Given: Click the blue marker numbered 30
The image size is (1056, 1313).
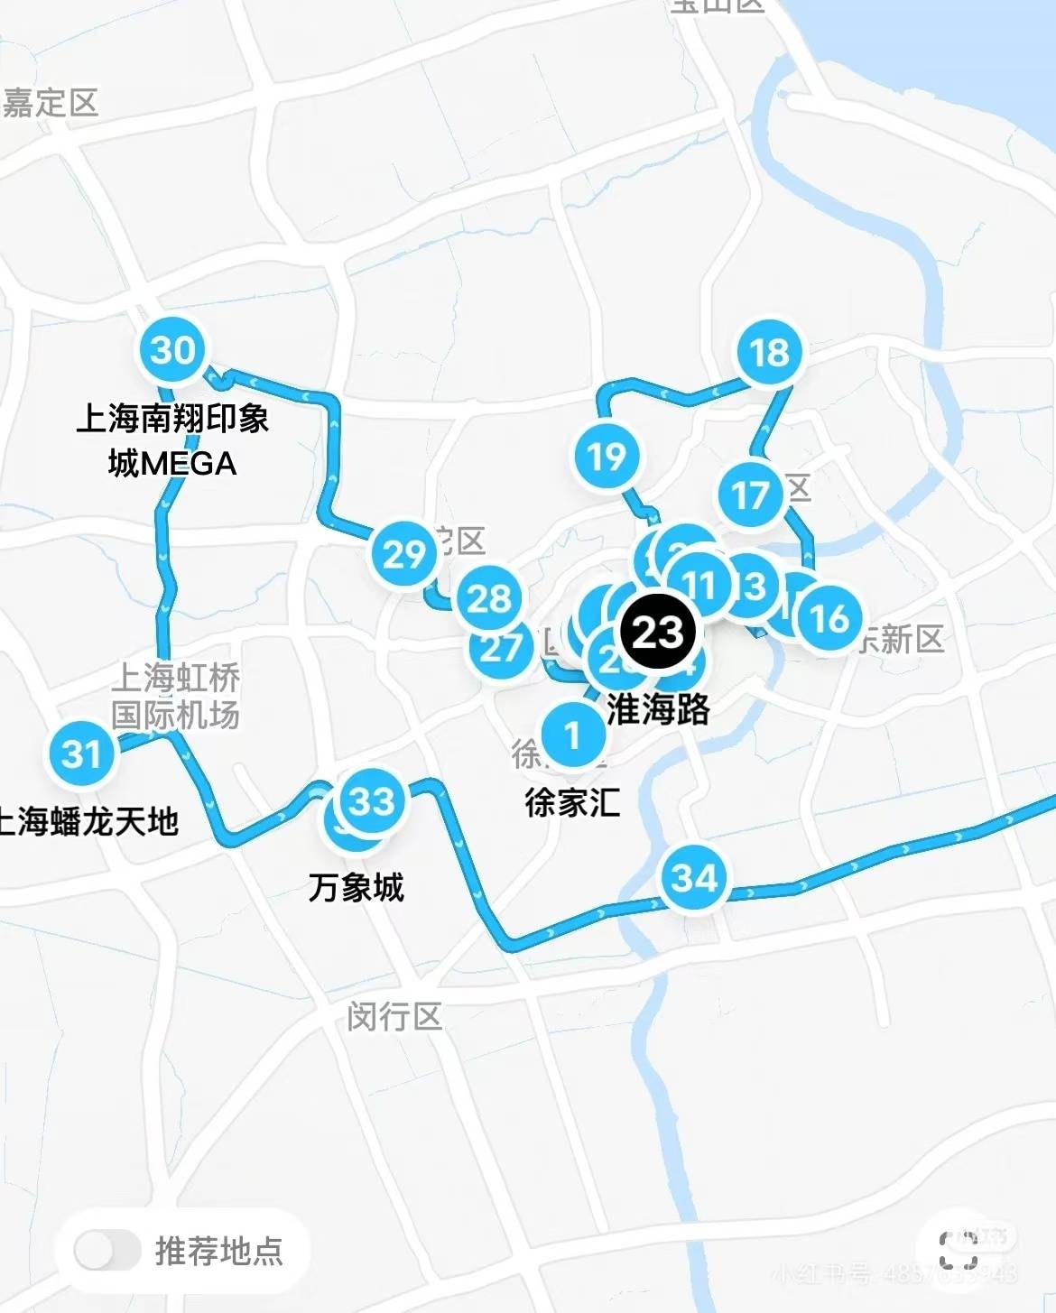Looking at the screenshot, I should [x=172, y=350].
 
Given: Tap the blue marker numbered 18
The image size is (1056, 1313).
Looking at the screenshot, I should [x=769, y=353].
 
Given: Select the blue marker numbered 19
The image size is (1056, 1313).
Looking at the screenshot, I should [x=607, y=457].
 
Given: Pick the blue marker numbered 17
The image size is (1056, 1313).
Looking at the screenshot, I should [x=750, y=495].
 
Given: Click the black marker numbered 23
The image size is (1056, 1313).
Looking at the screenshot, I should [x=657, y=632].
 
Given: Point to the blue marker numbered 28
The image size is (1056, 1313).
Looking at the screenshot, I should [x=489, y=598].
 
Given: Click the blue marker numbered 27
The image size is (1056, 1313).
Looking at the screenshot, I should [x=500, y=648].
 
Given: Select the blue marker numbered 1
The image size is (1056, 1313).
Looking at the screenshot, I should [x=572, y=735].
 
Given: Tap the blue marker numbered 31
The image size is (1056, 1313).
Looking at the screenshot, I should [x=82, y=754].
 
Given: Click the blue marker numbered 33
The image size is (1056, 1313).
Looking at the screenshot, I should [x=372, y=800].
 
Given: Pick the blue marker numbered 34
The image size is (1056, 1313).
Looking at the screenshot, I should [x=694, y=877].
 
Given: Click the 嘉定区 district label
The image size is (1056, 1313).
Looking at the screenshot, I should [x=50, y=103].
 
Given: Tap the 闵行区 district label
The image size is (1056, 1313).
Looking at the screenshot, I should [x=394, y=1017].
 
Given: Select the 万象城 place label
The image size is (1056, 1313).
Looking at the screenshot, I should [x=356, y=887].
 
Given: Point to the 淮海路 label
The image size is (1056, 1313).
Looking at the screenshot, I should [x=659, y=709].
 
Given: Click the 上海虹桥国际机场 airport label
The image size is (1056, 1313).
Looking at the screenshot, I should [x=175, y=696].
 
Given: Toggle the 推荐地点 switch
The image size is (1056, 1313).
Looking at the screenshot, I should [x=107, y=1251].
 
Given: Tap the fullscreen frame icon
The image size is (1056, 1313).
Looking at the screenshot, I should [x=958, y=1251].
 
